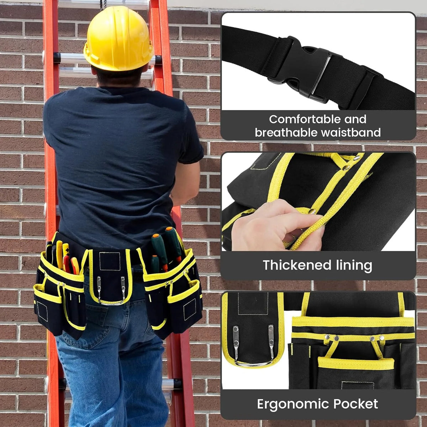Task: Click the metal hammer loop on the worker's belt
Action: [x=111, y=290]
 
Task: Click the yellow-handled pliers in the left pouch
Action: [x=59, y=254]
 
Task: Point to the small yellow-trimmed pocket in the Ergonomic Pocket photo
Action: [x=356, y=366]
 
